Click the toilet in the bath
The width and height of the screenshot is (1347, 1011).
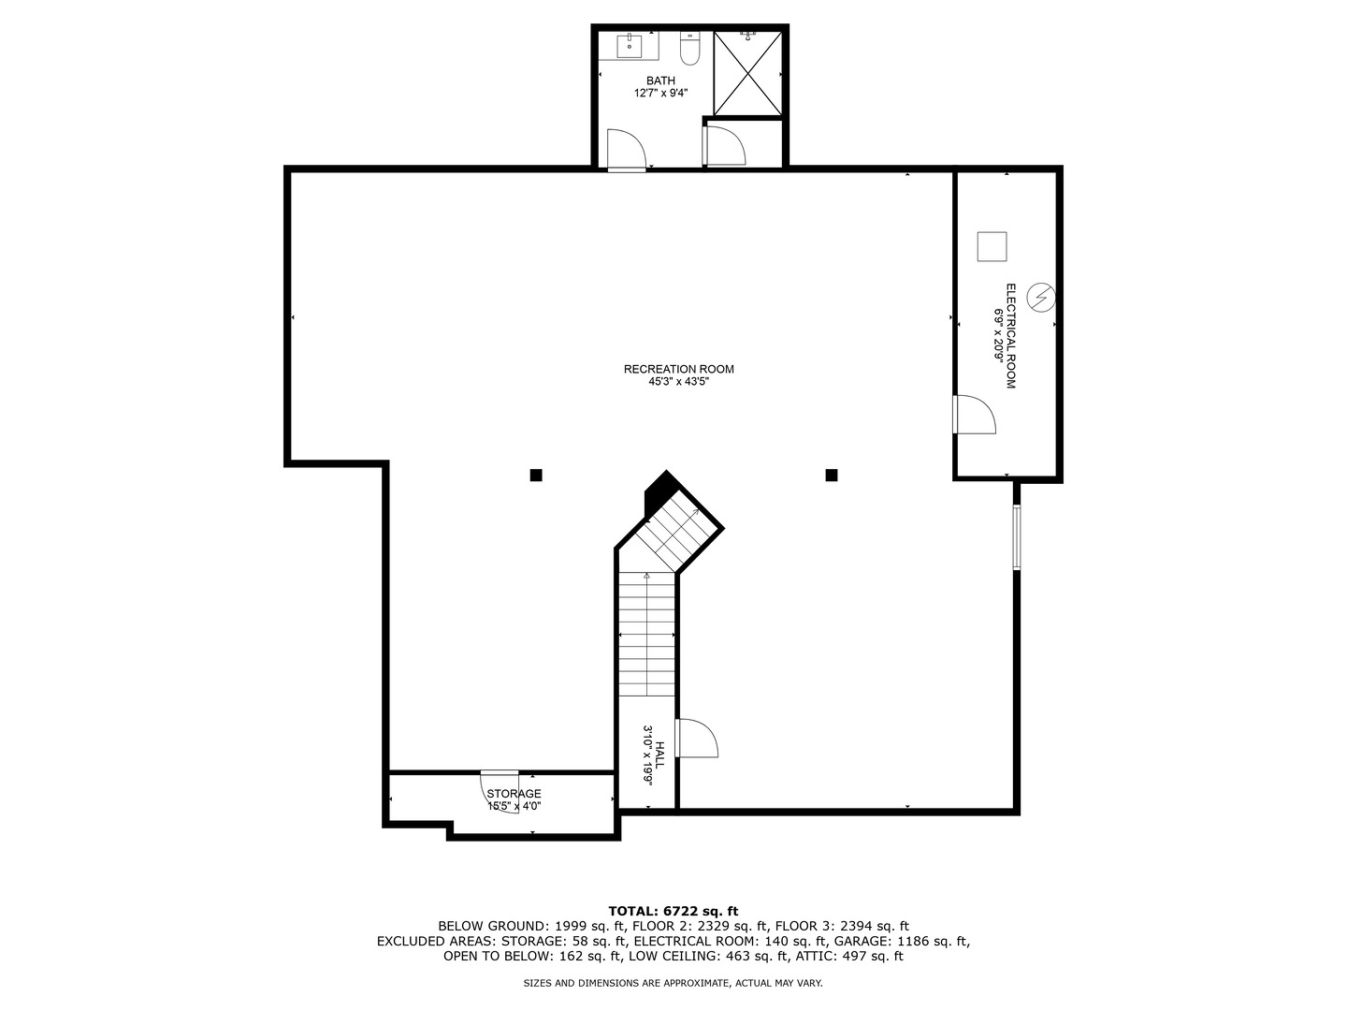click(x=689, y=49)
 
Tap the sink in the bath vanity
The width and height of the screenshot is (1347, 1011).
click(x=629, y=46)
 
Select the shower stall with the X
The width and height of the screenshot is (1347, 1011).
click(x=748, y=74)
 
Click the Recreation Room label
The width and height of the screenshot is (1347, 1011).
click(x=679, y=369)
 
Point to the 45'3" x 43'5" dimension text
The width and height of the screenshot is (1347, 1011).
click(x=679, y=382)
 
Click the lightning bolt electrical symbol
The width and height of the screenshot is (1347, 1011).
click(x=1041, y=298)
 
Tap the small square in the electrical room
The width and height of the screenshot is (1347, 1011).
click(x=992, y=247)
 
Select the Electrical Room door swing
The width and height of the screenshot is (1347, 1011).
click(x=975, y=415)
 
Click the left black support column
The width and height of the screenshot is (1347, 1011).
click(x=536, y=476)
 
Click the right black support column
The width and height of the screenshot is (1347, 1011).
click(x=832, y=476)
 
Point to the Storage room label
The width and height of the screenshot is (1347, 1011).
click(x=514, y=794)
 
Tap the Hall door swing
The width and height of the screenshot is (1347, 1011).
click(x=697, y=738)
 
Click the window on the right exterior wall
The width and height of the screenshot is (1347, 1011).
click(x=1016, y=537)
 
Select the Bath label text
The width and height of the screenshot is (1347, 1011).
click(x=660, y=81)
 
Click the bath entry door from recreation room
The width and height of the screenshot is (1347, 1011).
click(x=627, y=150)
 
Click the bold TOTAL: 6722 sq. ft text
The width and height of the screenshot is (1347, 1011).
click(x=673, y=911)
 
